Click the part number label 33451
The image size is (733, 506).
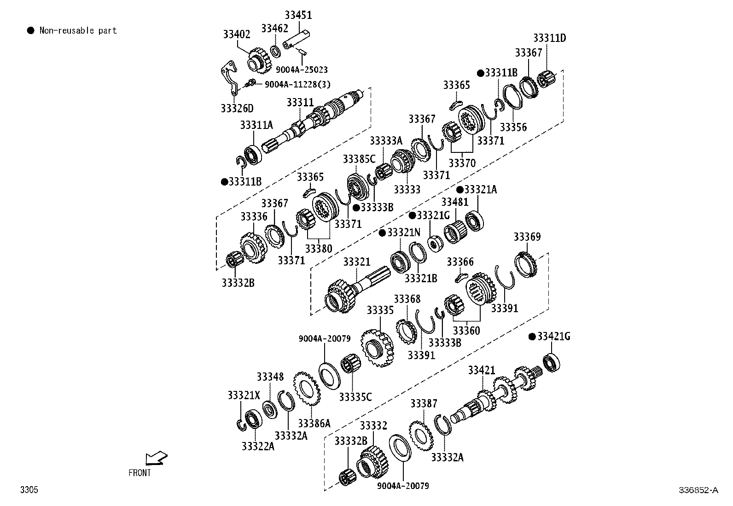pyautogui.click(x=298, y=15)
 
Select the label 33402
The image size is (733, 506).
pyautogui.click(x=237, y=34)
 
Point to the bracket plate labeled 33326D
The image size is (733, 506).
pyautogui.click(x=230, y=78)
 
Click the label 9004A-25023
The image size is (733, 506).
pyautogui.click(x=302, y=70)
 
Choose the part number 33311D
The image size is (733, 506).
pyautogui.click(x=549, y=38)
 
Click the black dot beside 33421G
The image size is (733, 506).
pyautogui.click(x=532, y=337)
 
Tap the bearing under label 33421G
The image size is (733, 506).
pyautogui.click(x=552, y=363)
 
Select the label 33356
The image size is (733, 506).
pyautogui.click(x=513, y=128)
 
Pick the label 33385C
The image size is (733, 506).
pyautogui.click(x=359, y=159)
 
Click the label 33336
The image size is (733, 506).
pyautogui.click(x=254, y=217)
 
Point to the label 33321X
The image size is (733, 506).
pyautogui.click(x=244, y=395)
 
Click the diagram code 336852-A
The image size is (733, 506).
pyautogui.click(x=698, y=490)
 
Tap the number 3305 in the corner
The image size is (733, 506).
pyautogui.click(x=29, y=489)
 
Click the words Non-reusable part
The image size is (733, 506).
pyautogui.click(x=78, y=30)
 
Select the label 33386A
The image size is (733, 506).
pyautogui.click(x=314, y=423)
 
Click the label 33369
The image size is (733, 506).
pyautogui.click(x=527, y=237)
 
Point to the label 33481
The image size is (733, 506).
pyautogui.click(x=455, y=202)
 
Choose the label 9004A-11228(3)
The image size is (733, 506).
pyautogui.click(x=297, y=84)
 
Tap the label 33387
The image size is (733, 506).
pyautogui.click(x=424, y=403)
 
